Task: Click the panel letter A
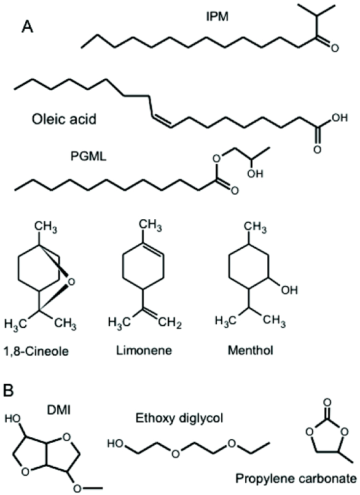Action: (x=27, y=27)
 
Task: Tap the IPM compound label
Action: (x=217, y=17)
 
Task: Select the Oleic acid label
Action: (x=64, y=120)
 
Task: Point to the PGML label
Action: (x=88, y=156)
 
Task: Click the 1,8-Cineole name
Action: (x=36, y=351)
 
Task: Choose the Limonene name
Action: (x=144, y=350)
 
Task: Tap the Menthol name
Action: (x=251, y=351)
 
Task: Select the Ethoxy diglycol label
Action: (x=179, y=418)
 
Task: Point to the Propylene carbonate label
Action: (x=296, y=479)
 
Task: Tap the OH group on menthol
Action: (x=289, y=290)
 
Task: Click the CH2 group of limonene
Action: (x=170, y=324)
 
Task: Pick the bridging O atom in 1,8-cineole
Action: (x=72, y=281)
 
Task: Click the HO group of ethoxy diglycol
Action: (x=115, y=443)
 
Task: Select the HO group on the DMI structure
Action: (x=13, y=419)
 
